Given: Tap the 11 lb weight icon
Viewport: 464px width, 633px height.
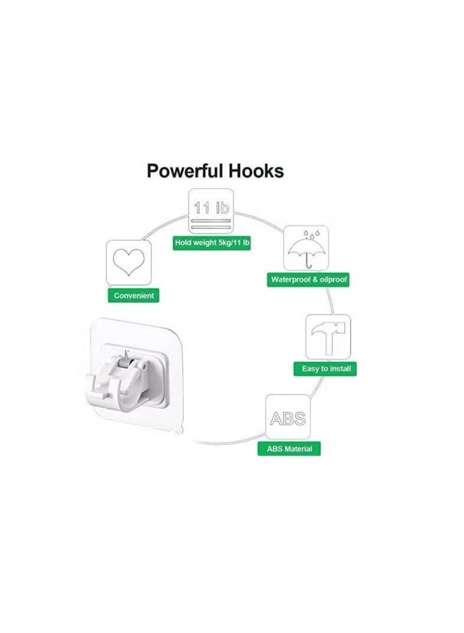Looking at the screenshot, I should pos(211,212).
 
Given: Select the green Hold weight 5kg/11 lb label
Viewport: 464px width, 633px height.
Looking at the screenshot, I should pos(212,243).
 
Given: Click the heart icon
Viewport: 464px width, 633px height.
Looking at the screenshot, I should pos(128,263).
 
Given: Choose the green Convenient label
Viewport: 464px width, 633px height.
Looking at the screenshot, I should pos(134,295).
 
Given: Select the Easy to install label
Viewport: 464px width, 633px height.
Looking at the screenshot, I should pos(326,369).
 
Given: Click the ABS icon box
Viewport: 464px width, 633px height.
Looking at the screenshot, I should pos(288,418).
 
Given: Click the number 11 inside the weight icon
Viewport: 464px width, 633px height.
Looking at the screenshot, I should pos(202,208).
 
